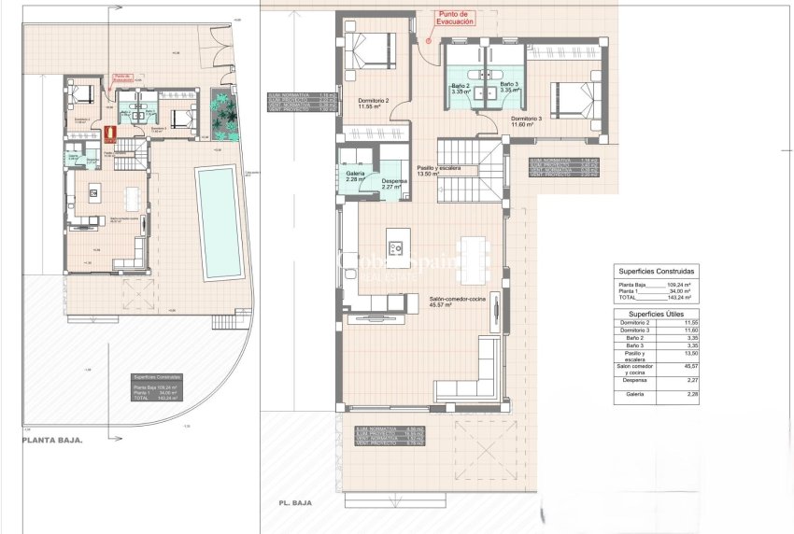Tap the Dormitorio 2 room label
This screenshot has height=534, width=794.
pyautogui.click(x=374, y=103)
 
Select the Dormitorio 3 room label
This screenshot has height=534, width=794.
pyautogui.click(x=526, y=119)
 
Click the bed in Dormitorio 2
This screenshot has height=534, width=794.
pyautogui.click(x=371, y=47)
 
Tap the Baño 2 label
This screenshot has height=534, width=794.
pyautogui.click(x=461, y=89)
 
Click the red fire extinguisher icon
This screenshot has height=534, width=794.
pyautogui.click(x=107, y=133)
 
